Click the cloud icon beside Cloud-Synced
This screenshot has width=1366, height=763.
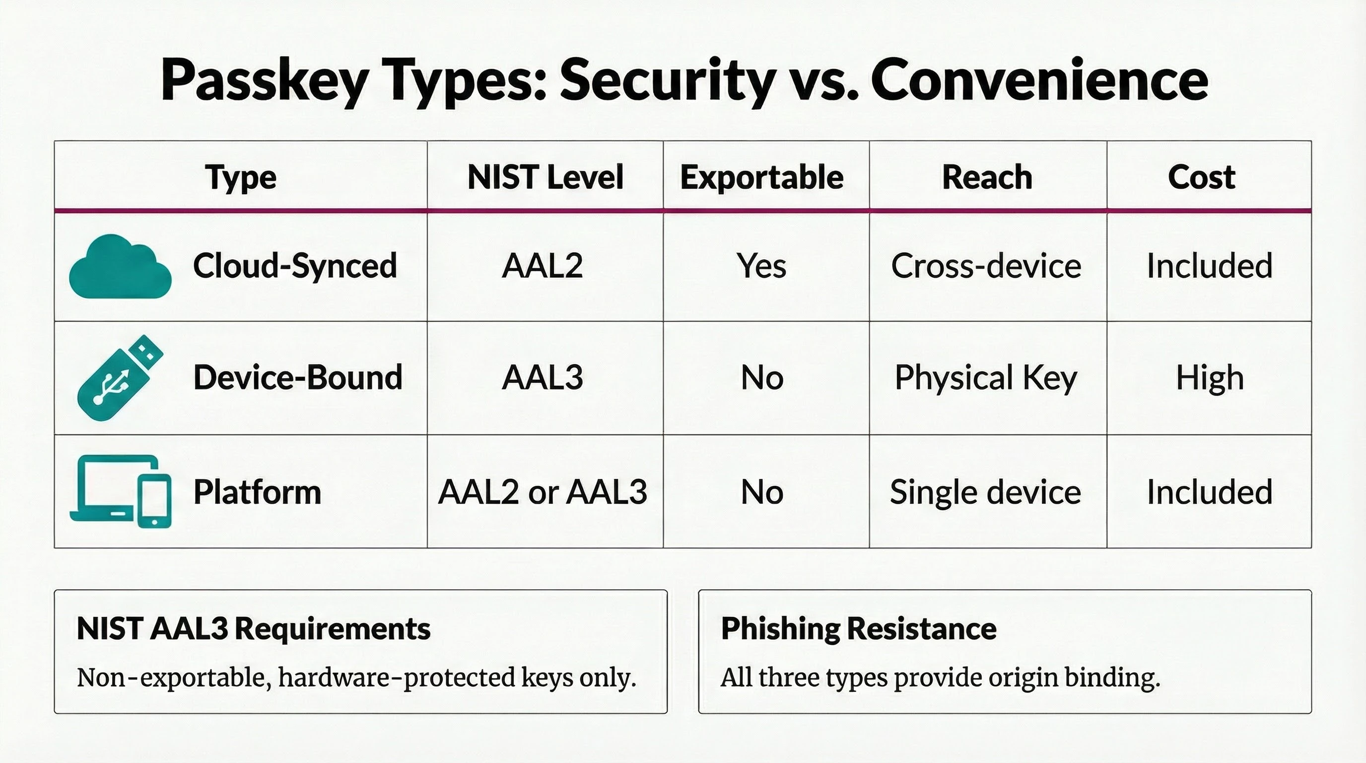(121, 267)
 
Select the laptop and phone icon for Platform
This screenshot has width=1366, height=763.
(121, 491)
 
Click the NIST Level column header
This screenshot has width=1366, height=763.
(545, 177)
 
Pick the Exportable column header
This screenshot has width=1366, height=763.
(761, 177)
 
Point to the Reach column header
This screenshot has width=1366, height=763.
(987, 177)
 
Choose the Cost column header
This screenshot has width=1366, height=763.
(1201, 177)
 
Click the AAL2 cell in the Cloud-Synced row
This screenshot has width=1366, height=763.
(543, 266)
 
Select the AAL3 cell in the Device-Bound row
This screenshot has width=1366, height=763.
(543, 378)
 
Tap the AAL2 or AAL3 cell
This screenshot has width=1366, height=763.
(543, 492)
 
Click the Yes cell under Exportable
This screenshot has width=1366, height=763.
(761, 266)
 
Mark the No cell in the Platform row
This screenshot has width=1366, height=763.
(762, 492)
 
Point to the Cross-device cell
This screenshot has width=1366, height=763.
(986, 266)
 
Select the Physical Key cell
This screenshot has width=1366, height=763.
(986, 378)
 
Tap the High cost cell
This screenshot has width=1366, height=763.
(1210, 378)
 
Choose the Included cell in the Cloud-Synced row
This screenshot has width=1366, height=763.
(1210, 266)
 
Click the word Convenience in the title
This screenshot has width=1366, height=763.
(1039, 80)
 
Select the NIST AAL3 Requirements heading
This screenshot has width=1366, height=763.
(254, 629)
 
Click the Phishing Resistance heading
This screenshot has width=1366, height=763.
(859, 629)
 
